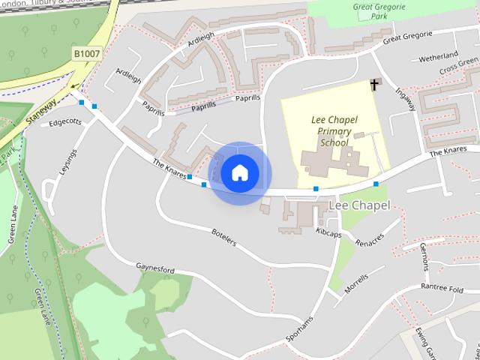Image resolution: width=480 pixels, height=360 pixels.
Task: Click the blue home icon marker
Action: pos(239,173)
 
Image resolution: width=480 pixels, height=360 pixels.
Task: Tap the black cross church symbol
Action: pos(374,85)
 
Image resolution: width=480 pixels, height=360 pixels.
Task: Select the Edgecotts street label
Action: pos(64,122)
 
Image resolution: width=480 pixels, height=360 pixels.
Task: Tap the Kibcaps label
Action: pos(328,233)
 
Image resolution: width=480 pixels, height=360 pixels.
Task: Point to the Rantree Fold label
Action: pos(445,286)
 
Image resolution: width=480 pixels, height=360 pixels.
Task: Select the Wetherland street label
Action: pos(439,57)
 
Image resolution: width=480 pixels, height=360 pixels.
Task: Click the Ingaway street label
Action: pos(406,100)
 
